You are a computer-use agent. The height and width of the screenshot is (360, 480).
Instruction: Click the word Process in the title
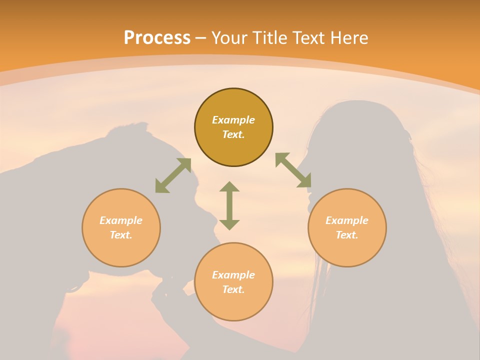(x=157, y=37)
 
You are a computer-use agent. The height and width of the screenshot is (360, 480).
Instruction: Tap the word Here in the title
(x=347, y=37)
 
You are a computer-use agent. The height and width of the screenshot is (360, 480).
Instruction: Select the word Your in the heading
(x=230, y=37)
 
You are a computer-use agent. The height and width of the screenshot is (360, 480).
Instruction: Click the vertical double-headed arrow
(x=229, y=205)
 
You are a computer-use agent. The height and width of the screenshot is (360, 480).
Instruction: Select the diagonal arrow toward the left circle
(x=173, y=175)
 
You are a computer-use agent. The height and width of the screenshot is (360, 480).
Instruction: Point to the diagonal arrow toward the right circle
(x=293, y=170)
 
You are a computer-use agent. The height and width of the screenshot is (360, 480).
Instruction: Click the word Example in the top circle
(x=233, y=120)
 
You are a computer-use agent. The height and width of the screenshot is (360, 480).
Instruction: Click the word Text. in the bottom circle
(x=233, y=289)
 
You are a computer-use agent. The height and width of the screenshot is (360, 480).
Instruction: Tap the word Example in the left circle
(x=121, y=220)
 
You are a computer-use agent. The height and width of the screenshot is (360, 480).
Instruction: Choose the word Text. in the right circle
(x=347, y=235)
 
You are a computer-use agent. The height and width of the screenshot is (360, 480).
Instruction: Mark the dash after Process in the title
(x=200, y=38)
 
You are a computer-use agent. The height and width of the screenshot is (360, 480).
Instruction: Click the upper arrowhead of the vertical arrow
(x=229, y=187)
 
